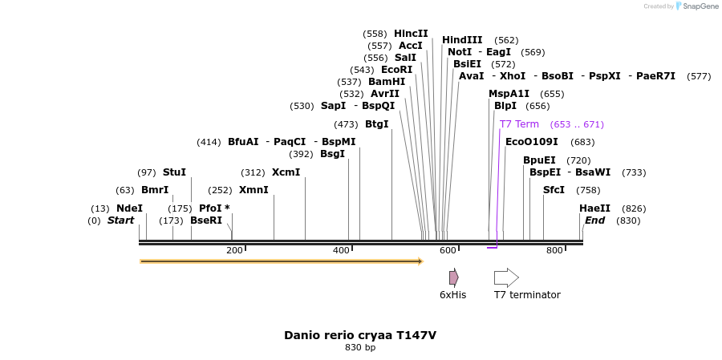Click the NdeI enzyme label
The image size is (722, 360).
tap(129, 208)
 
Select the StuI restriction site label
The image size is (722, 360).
tap(174, 172)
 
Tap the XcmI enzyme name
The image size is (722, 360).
tap(286, 172)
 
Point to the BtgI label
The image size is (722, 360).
tap(376, 124)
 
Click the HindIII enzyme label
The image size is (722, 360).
tap(462, 40)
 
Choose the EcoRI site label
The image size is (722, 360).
tap(396, 70)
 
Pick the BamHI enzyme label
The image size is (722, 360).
tap(387, 82)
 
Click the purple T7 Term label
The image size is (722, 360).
tap(519, 124)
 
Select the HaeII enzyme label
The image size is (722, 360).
tap(594, 208)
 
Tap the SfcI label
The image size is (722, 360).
tap(554, 190)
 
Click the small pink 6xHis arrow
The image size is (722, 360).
tap(453, 277)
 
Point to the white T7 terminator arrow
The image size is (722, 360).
tap(505, 277)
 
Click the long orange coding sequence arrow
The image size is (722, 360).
tap(281, 261)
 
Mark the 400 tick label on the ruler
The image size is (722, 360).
tap(341, 251)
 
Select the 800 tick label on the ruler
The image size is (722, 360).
tap(554, 251)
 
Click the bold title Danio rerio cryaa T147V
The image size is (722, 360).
tap(360, 335)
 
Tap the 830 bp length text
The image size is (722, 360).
tap(360, 348)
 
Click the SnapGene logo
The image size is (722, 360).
tap(696, 6)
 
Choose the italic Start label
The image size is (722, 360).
tap(121, 220)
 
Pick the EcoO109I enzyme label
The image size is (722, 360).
tap(531, 142)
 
